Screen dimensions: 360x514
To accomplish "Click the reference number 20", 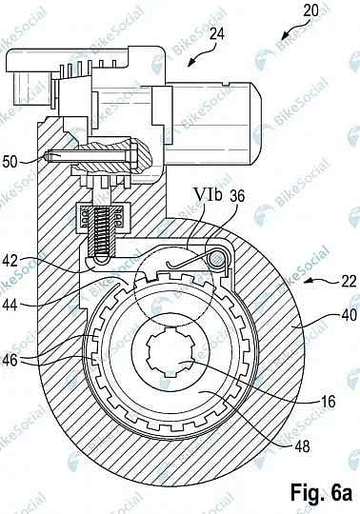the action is [311, 10].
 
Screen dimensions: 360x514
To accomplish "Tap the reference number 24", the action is [217, 34].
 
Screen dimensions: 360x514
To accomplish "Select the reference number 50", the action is [10, 162].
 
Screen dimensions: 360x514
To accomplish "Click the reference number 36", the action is [237, 196].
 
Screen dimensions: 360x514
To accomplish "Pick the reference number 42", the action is [10, 261].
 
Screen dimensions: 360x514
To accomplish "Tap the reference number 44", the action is [10, 305].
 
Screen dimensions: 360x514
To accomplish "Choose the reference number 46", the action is [10, 360].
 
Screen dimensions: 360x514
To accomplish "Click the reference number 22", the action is [348, 281].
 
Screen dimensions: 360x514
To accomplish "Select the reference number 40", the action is [349, 315].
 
